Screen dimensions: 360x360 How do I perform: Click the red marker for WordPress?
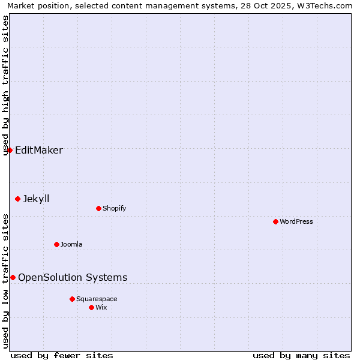coord(275,221)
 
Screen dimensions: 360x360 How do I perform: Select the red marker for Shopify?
coord(98,208)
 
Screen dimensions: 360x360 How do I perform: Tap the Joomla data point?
coord(56,244)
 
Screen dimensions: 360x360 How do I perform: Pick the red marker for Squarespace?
coord(72,299)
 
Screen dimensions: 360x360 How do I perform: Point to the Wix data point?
coord(91,307)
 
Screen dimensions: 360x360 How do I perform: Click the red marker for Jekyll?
coord(17,199)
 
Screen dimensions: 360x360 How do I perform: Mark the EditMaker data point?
coord(10,150)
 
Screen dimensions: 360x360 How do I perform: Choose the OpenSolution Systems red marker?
coord(13,277)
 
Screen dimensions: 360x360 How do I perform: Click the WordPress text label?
coord(296,221)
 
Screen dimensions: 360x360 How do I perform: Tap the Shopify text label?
coord(114,208)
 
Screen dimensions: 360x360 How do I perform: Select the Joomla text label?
coord(71,244)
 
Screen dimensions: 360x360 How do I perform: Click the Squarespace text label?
coord(97,299)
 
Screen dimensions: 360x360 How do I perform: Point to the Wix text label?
coord(101,307)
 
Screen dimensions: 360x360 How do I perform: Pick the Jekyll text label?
coord(36,199)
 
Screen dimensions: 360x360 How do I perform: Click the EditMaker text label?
coord(38,150)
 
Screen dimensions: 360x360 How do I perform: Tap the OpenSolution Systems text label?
coord(73,277)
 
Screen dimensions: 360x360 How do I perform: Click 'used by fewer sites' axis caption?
coord(62,355)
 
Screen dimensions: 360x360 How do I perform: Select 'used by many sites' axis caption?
coord(301,355)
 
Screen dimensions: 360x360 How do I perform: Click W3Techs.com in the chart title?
coord(322,6)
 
